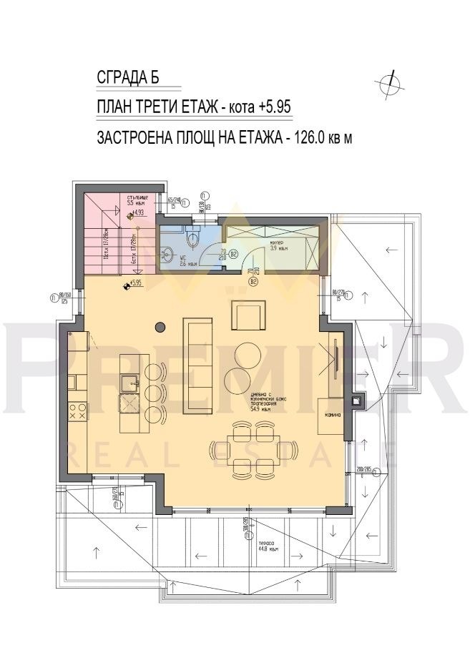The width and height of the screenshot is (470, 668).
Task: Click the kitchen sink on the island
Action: coord(132,380)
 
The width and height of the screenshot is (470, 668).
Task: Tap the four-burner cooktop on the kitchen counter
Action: coord(77,411)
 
